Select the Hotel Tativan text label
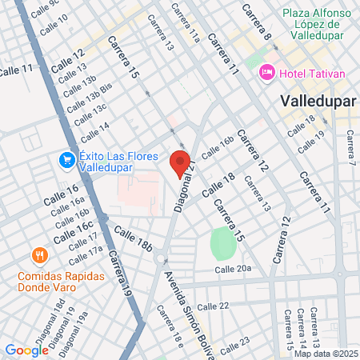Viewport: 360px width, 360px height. click(312, 74)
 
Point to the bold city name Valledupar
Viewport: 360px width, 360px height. click(317, 102)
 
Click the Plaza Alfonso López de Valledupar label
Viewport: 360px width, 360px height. click(314, 24)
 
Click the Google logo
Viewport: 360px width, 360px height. click(26, 350)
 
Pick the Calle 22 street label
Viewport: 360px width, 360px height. click(213, 306)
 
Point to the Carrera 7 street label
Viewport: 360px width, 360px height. click(349, 151)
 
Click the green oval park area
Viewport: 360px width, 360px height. click(224, 243)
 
